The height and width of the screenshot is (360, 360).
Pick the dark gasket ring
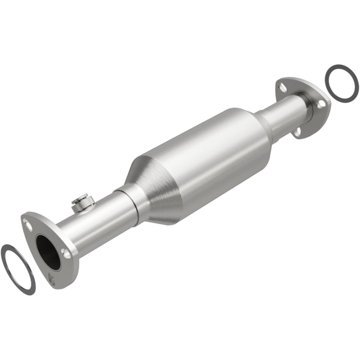click(x=341, y=83)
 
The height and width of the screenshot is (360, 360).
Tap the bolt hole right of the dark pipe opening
click(x=65, y=253)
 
